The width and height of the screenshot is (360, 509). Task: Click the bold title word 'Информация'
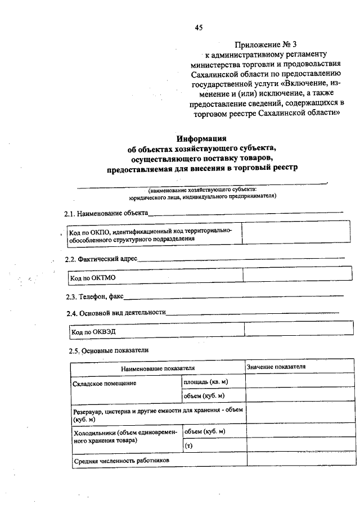click(x=201, y=138)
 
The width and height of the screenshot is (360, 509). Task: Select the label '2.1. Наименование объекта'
click(x=106, y=214)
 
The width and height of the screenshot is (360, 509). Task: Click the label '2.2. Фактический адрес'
click(x=101, y=259)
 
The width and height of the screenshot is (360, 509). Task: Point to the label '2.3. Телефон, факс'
click(x=94, y=296)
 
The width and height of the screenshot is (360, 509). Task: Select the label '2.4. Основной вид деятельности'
click(x=115, y=313)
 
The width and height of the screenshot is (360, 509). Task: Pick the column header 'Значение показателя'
click(x=276, y=367)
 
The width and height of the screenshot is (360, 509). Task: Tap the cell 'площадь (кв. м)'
click(x=205, y=382)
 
